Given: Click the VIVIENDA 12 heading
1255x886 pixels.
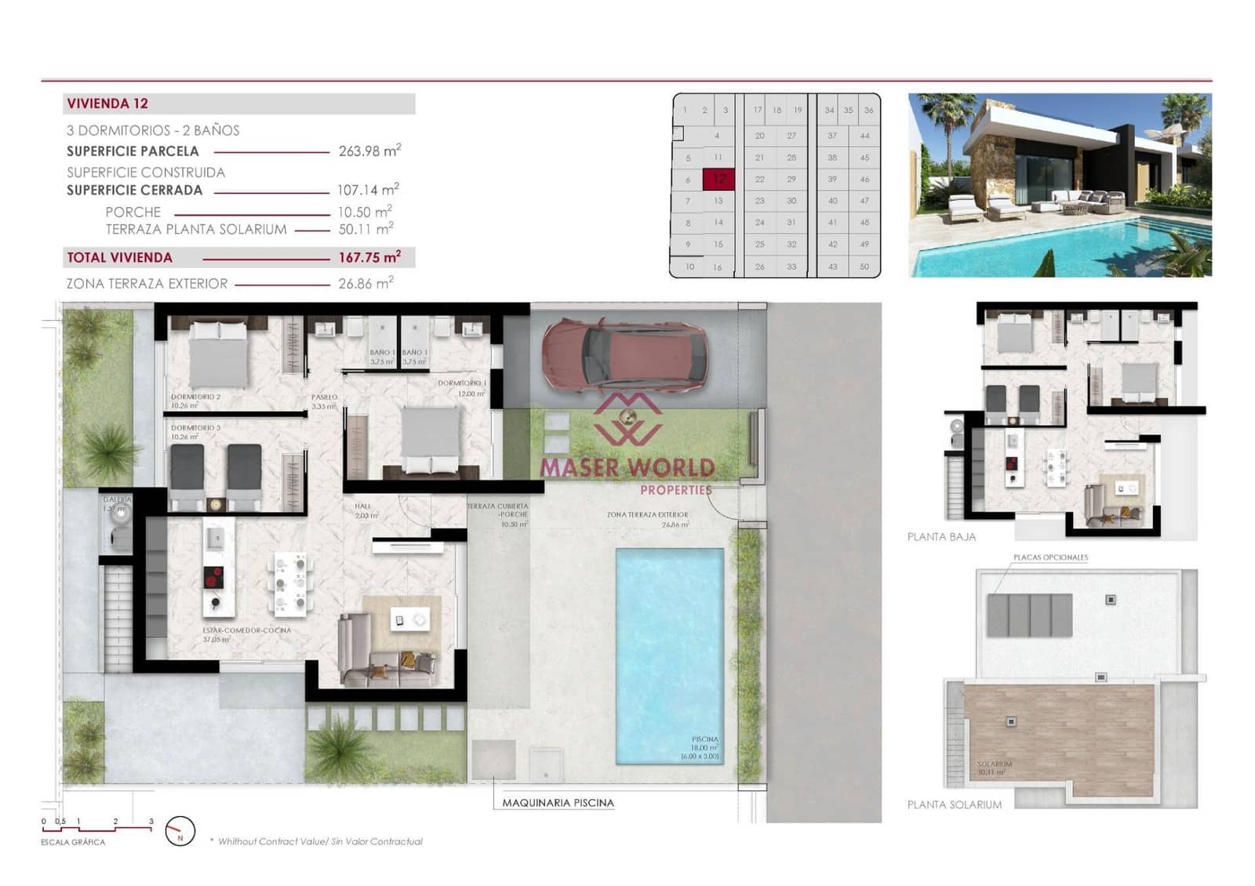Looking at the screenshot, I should [x=107, y=103].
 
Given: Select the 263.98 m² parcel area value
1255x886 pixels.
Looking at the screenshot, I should [x=369, y=151].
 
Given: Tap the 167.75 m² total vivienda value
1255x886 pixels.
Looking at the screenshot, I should [x=369, y=257].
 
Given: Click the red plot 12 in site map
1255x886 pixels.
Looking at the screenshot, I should [x=718, y=180].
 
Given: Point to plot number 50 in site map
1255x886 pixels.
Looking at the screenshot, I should [x=864, y=267].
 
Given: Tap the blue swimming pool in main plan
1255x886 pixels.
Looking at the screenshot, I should [x=669, y=655].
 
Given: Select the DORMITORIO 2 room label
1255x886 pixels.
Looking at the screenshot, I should [x=195, y=397].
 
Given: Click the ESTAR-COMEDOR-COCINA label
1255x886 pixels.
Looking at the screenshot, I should [x=246, y=630].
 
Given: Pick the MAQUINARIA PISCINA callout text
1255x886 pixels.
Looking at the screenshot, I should [x=558, y=803].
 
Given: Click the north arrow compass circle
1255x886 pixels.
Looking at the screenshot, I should [x=180, y=831].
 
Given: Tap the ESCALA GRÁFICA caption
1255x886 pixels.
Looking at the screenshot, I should [x=73, y=842].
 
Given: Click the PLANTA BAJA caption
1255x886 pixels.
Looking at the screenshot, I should [x=941, y=537].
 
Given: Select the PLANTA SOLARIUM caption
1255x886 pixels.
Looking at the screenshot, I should [x=954, y=804].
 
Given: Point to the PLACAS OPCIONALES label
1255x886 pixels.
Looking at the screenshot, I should [x=1050, y=557].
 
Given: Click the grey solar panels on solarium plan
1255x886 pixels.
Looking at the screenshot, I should [x=1029, y=615].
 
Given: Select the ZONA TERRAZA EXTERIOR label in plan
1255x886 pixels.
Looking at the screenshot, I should [x=647, y=515].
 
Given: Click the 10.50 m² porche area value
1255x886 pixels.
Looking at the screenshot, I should [x=365, y=212].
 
